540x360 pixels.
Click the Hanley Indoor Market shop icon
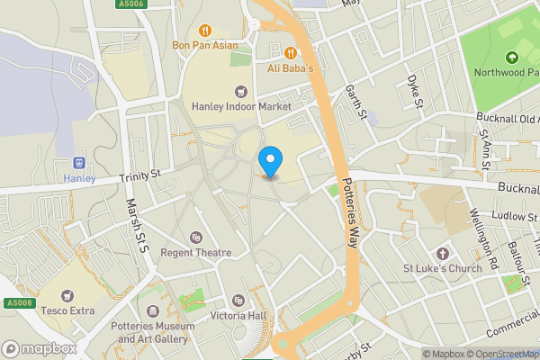click(x=240, y=91)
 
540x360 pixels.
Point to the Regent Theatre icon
click(x=196, y=238)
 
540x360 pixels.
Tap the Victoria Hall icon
click(x=238, y=300)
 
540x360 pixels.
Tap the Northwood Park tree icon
click(x=512, y=58)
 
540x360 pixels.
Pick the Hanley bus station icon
click(x=78, y=163)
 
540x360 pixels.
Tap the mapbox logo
click(x=39, y=348)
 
